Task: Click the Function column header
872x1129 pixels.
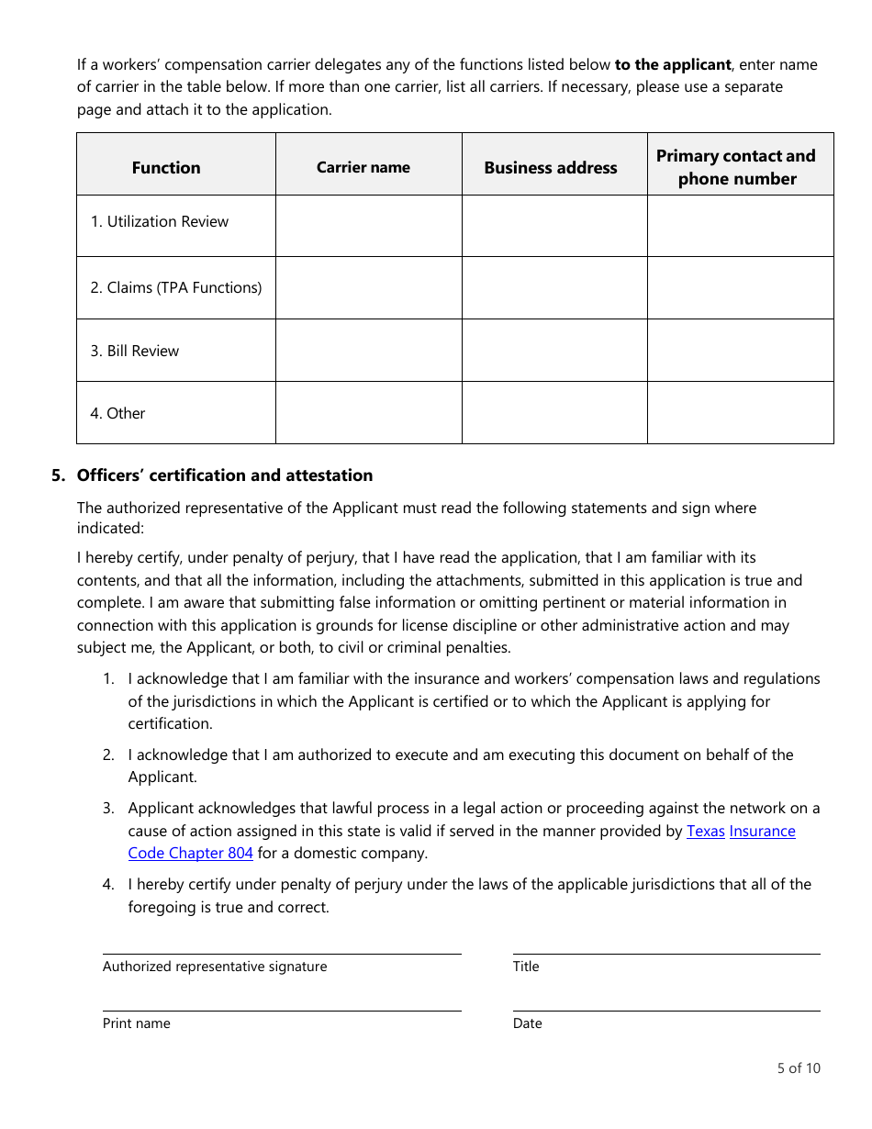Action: pos(166,167)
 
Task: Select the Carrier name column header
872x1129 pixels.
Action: pos(363,167)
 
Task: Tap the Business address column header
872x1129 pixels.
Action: pos(551,167)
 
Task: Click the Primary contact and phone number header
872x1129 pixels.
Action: pos(736,167)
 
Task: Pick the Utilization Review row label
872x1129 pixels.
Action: pos(159,221)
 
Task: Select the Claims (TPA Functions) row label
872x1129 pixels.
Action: pos(175,287)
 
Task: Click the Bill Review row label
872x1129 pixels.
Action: pos(134,351)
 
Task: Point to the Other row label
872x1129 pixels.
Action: pos(117,413)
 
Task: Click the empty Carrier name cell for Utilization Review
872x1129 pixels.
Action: pos(368,226)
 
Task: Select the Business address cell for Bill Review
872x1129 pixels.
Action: pos(554,351)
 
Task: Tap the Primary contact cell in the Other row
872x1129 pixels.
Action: pos(740,413)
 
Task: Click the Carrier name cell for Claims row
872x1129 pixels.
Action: pos(368,288)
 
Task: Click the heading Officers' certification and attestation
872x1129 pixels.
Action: pos(225,475)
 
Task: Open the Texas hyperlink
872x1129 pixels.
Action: pos(705,831)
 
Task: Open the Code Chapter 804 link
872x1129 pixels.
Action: pos(190,853)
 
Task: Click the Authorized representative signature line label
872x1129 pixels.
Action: pos(215,966)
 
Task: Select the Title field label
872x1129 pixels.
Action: pos(526,966)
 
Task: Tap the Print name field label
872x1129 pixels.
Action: pos(137,1023)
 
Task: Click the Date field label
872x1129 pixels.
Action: pos(528,1023)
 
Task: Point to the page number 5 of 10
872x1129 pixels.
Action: pos(799,1068)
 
